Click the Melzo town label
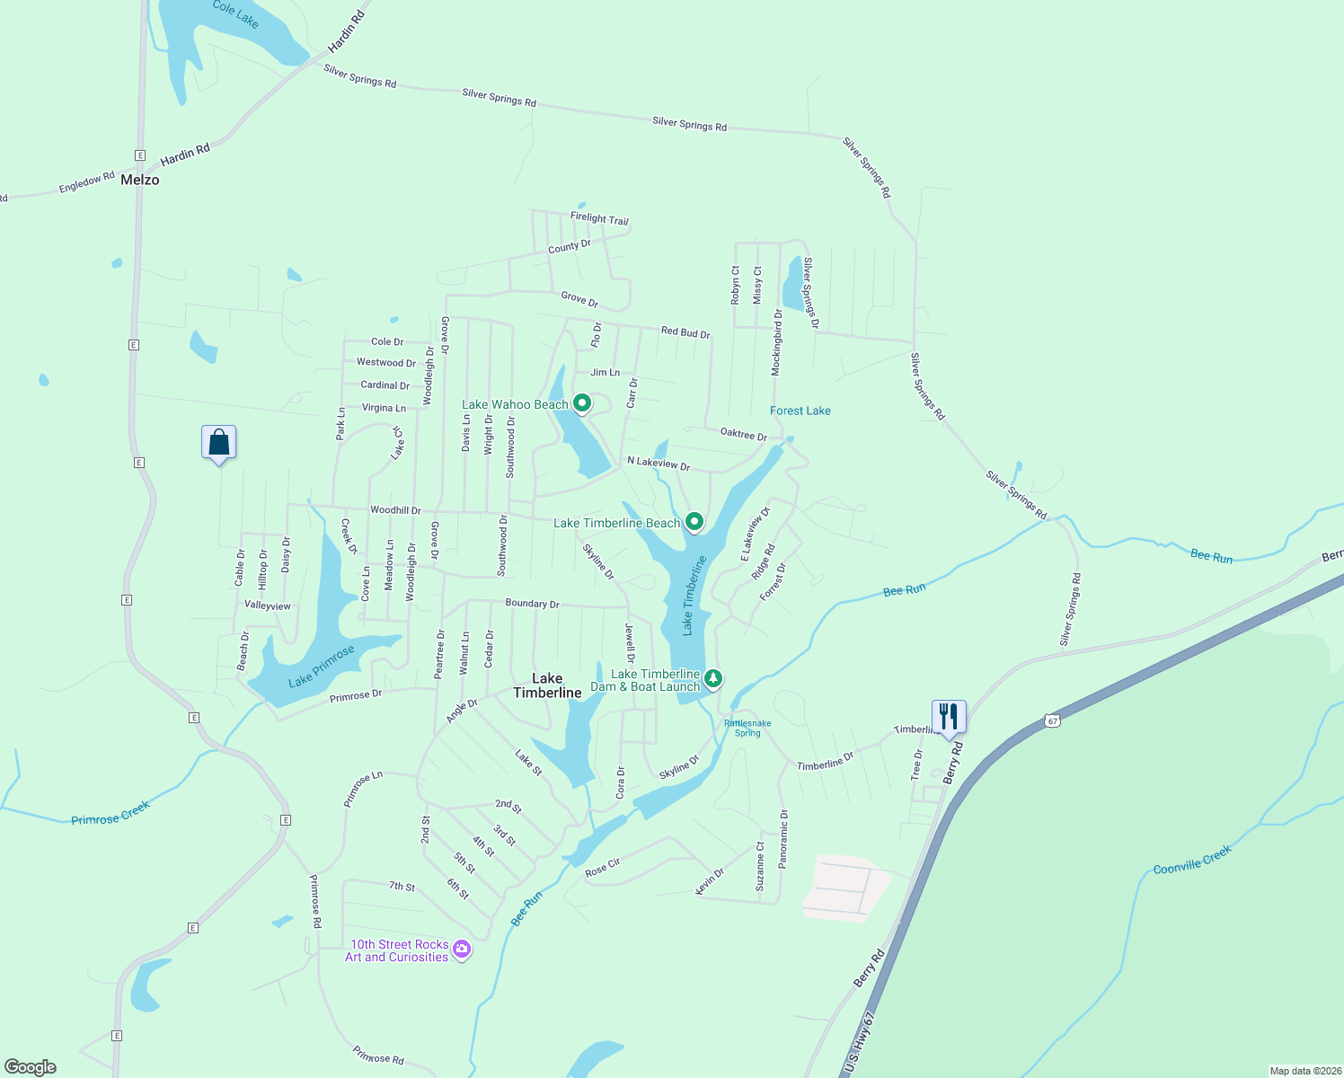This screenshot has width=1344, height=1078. [140, 180]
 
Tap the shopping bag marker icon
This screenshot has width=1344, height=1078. [218, 442]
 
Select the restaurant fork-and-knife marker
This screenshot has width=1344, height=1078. [949, 716]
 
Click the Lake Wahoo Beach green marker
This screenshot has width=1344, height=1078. [582, 404]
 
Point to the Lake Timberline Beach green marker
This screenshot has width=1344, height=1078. [694, 522]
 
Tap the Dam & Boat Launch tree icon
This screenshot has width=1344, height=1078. [712, 679]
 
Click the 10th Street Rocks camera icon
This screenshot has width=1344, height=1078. [462, 950]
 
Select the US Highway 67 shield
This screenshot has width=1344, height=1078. [1053, 720]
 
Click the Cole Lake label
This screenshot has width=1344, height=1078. [235, 13]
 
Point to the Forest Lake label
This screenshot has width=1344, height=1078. [800, 411]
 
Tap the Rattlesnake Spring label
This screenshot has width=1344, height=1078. [747, 728]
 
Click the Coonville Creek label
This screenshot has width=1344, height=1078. [1191, 860]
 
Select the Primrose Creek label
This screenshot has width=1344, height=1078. [111, 813]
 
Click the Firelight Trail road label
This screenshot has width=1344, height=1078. [599, 218]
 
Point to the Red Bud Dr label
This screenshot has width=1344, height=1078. [685, 332]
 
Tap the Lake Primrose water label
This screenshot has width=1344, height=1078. [322, 666]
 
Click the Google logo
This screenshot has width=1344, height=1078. [31, 1067]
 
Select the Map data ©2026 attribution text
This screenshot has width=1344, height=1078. [1304, 1071]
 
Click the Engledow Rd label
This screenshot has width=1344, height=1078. [87, 182]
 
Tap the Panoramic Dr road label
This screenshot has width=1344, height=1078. [783, 839]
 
